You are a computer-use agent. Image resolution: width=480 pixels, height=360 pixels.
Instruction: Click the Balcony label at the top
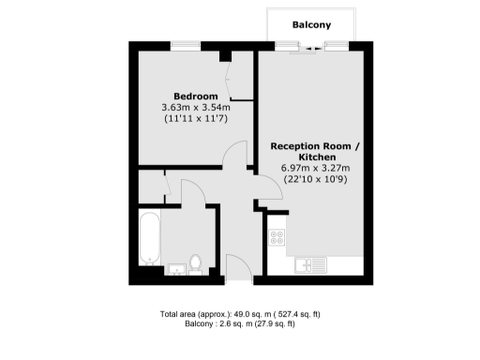[x=310, y=24]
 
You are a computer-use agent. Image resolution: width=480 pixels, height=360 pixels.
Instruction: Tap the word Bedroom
[x=196, y=97]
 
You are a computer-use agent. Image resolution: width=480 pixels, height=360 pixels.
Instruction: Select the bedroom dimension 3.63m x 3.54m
[x=196, y=108]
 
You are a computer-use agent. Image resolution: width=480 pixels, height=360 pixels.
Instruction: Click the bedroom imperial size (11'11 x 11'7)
[x=196, y=120]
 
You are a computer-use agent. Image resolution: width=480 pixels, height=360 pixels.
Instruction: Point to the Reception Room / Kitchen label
[x=314, y=153]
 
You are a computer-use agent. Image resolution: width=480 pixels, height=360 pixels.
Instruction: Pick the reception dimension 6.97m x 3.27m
[x=314, y=168]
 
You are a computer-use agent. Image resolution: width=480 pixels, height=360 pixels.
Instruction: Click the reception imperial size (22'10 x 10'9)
[x=314, y=179]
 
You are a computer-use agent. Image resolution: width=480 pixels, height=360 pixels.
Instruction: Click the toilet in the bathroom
[x=196, y=263]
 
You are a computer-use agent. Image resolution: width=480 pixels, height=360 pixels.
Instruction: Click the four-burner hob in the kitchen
[x=277, y=237]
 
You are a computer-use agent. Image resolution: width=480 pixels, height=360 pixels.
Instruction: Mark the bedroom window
[x=185, y=44]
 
